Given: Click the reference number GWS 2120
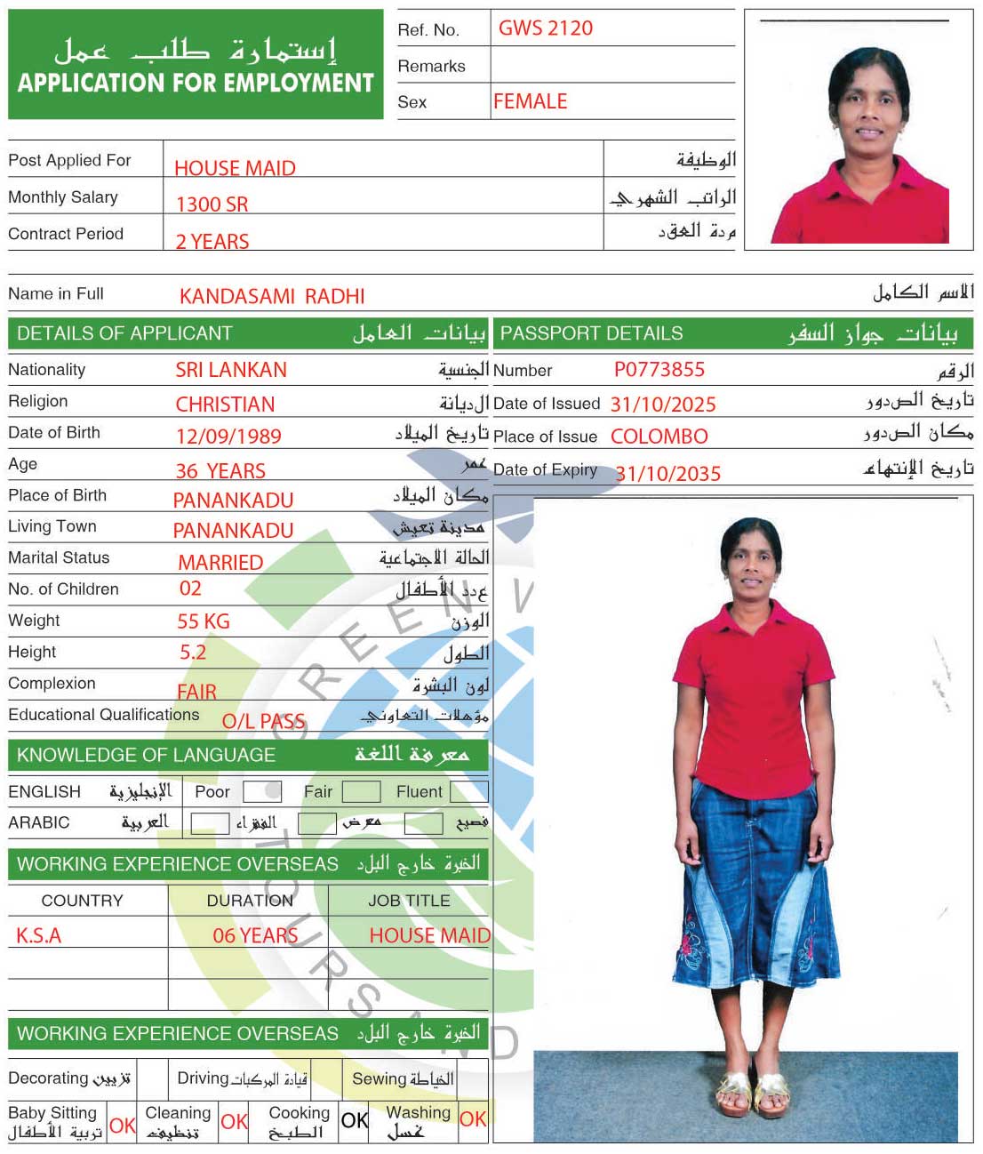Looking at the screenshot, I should [545, 28].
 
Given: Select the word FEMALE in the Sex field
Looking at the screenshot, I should [530, 101].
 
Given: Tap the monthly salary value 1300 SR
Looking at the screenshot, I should [212, 204].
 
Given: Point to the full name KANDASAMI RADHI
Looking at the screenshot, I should [272, 296].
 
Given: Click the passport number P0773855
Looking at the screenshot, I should [659, 370].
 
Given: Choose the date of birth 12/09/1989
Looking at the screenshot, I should [228, 437].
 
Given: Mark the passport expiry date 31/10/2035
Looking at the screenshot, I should [667, 474].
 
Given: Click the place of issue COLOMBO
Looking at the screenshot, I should [659, 437].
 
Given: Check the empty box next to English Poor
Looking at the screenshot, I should [261, 791].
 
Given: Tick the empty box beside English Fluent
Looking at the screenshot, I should [468, 791].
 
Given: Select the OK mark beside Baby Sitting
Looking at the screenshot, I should [123, 1125].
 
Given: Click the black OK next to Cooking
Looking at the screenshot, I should [354, 1120].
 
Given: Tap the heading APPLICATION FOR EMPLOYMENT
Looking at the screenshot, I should [196, 83].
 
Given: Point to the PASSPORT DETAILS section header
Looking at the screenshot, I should [591, 333].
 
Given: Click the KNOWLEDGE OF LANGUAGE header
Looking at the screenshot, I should [146, 755].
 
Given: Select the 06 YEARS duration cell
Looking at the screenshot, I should [255, 935].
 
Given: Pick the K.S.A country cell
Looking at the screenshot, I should [39, 935].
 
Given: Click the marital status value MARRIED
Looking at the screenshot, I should [220, 563].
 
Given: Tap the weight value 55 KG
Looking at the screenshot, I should [203, 621].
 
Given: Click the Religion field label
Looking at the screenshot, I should [38, 401].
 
